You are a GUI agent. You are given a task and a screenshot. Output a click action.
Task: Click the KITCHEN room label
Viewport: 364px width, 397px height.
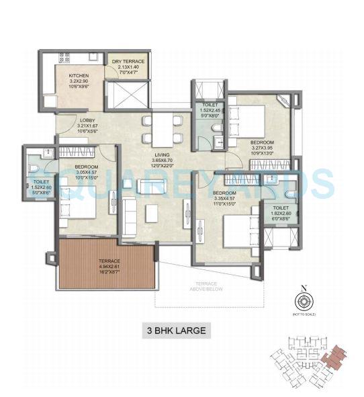click(x=79, y=77)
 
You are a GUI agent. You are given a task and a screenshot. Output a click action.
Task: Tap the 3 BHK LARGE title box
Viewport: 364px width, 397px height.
click(x=175, y=330)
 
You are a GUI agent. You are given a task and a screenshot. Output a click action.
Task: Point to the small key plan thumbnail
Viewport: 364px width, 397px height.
click(x=314, y=363)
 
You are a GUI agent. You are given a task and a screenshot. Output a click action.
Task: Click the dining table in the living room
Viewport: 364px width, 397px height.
click(x=161, y=124)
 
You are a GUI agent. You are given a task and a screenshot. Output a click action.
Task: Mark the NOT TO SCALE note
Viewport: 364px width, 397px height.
click(x=304, y=314)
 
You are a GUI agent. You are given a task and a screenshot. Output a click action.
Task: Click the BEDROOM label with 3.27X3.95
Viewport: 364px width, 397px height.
click(x=262, y=143)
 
